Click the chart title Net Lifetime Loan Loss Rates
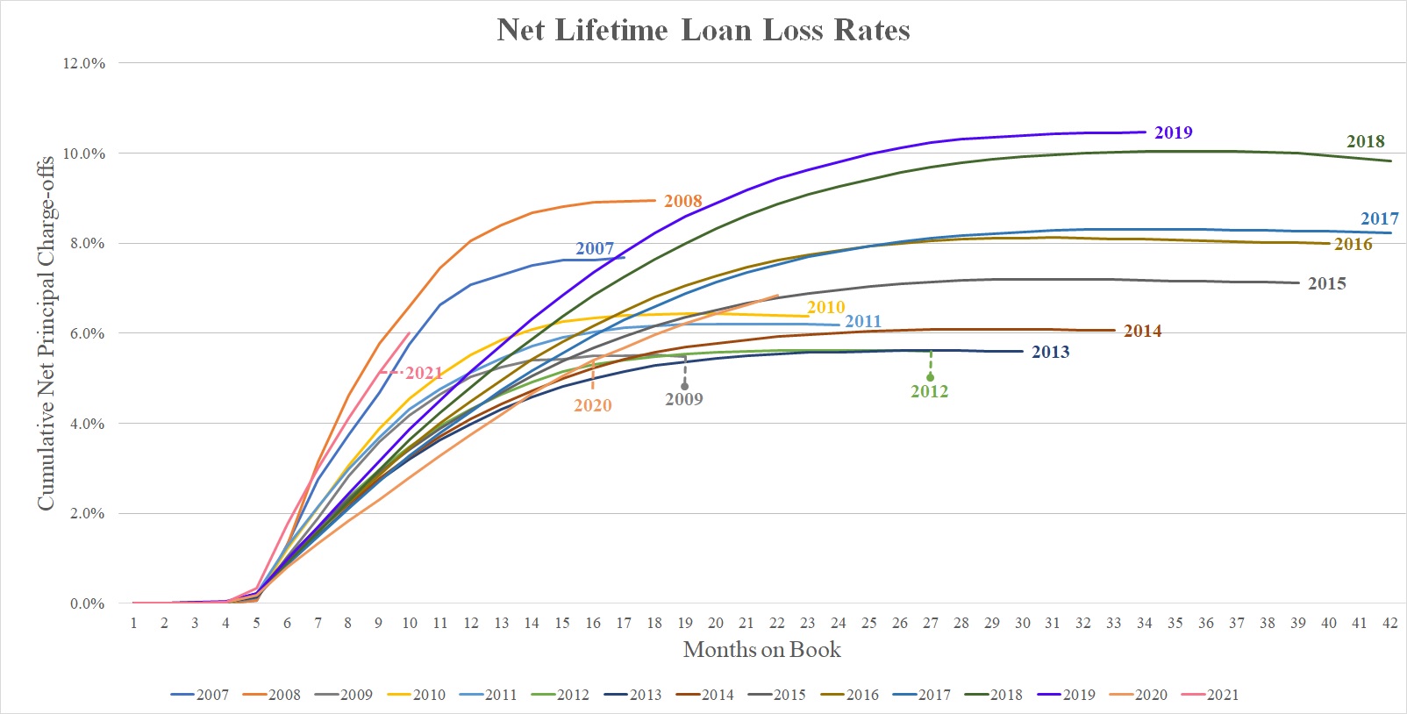703,31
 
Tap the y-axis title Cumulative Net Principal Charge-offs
46,333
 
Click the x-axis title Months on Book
761,650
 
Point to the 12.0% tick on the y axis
84,63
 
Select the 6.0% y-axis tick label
87,333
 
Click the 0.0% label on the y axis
87,603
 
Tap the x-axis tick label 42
1389,623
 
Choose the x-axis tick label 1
133,623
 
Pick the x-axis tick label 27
930,623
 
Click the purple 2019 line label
1173,133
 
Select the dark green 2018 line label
1365,142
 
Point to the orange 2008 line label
682,202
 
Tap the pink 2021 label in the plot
424,374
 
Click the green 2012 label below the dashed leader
929,392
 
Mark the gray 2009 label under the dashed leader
683,400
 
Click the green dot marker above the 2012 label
930,377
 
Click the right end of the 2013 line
1022,351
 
